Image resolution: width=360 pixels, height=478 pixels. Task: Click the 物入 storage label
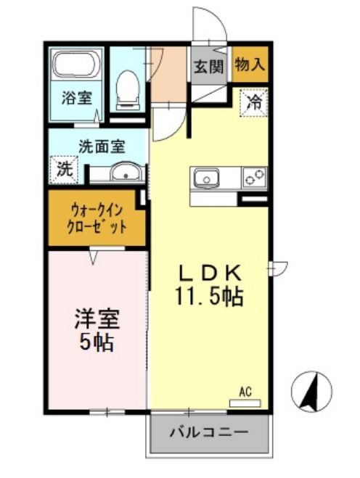click(250, 65)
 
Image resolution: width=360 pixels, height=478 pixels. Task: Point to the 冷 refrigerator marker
click(253, 100)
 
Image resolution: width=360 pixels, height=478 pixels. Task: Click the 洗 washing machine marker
click(65, 171)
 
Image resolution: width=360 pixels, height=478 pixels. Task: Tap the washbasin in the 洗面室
click(124, 173)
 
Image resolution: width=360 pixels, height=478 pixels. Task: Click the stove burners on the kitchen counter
click(254, 177)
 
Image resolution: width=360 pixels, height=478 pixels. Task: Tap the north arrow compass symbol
click(311, 392)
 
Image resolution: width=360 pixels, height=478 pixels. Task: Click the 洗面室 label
click(102, 145)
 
